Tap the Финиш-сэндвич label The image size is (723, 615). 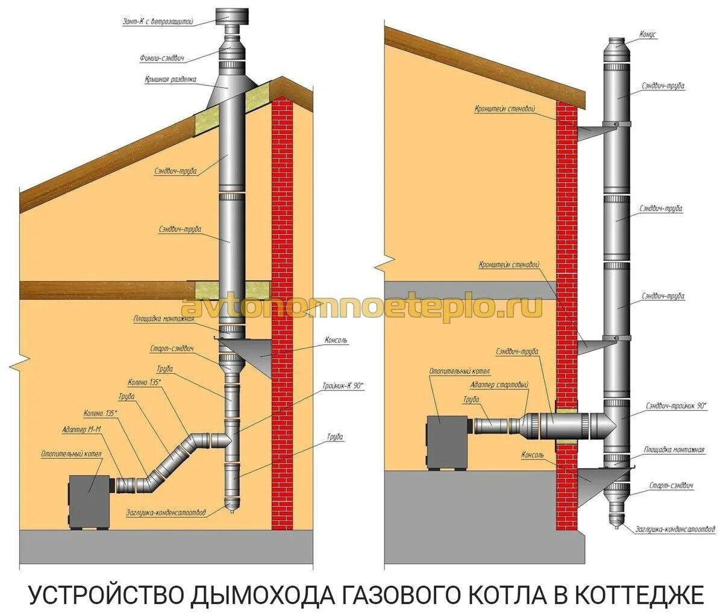[x=161, y=58]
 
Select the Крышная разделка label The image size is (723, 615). [x=171, y=79]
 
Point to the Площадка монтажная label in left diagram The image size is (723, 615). [x=163, y=318]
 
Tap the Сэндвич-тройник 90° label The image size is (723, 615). [x=675, y=406]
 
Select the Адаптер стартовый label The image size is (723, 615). [x=499, y=385]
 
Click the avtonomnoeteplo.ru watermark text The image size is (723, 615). [x=361, y=307]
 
